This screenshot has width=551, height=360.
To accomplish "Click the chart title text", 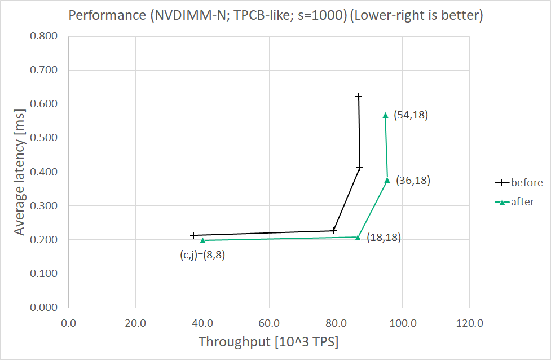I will point(275,15).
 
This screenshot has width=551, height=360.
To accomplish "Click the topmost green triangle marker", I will point(386,115).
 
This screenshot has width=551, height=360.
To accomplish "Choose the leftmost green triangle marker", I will point(202,241).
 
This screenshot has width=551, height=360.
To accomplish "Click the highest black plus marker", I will point(359,96).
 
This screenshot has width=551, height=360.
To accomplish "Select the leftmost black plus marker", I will point(193,235).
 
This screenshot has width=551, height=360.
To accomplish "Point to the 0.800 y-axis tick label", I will point(43,37).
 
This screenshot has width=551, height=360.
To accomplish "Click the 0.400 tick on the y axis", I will point(43,172).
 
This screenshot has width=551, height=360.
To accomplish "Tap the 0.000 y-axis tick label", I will point(43,308).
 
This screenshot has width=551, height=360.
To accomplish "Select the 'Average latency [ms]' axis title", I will point(19,172).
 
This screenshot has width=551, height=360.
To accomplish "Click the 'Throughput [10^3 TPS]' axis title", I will point(268,341).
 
